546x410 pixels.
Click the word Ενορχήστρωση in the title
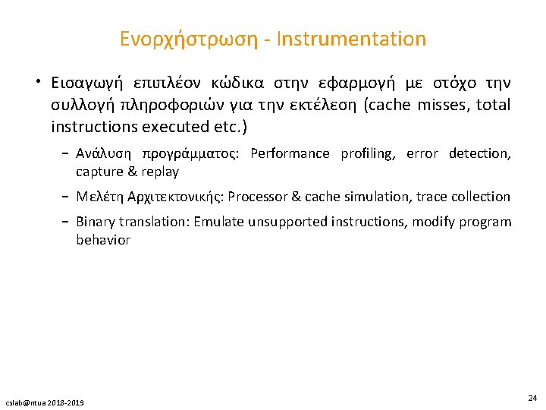190,39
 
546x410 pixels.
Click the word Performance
290,154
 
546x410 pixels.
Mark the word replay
160,172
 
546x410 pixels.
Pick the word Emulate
221,222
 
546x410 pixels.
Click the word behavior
103,240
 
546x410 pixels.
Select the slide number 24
532,397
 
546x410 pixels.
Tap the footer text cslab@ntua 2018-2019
46,402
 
